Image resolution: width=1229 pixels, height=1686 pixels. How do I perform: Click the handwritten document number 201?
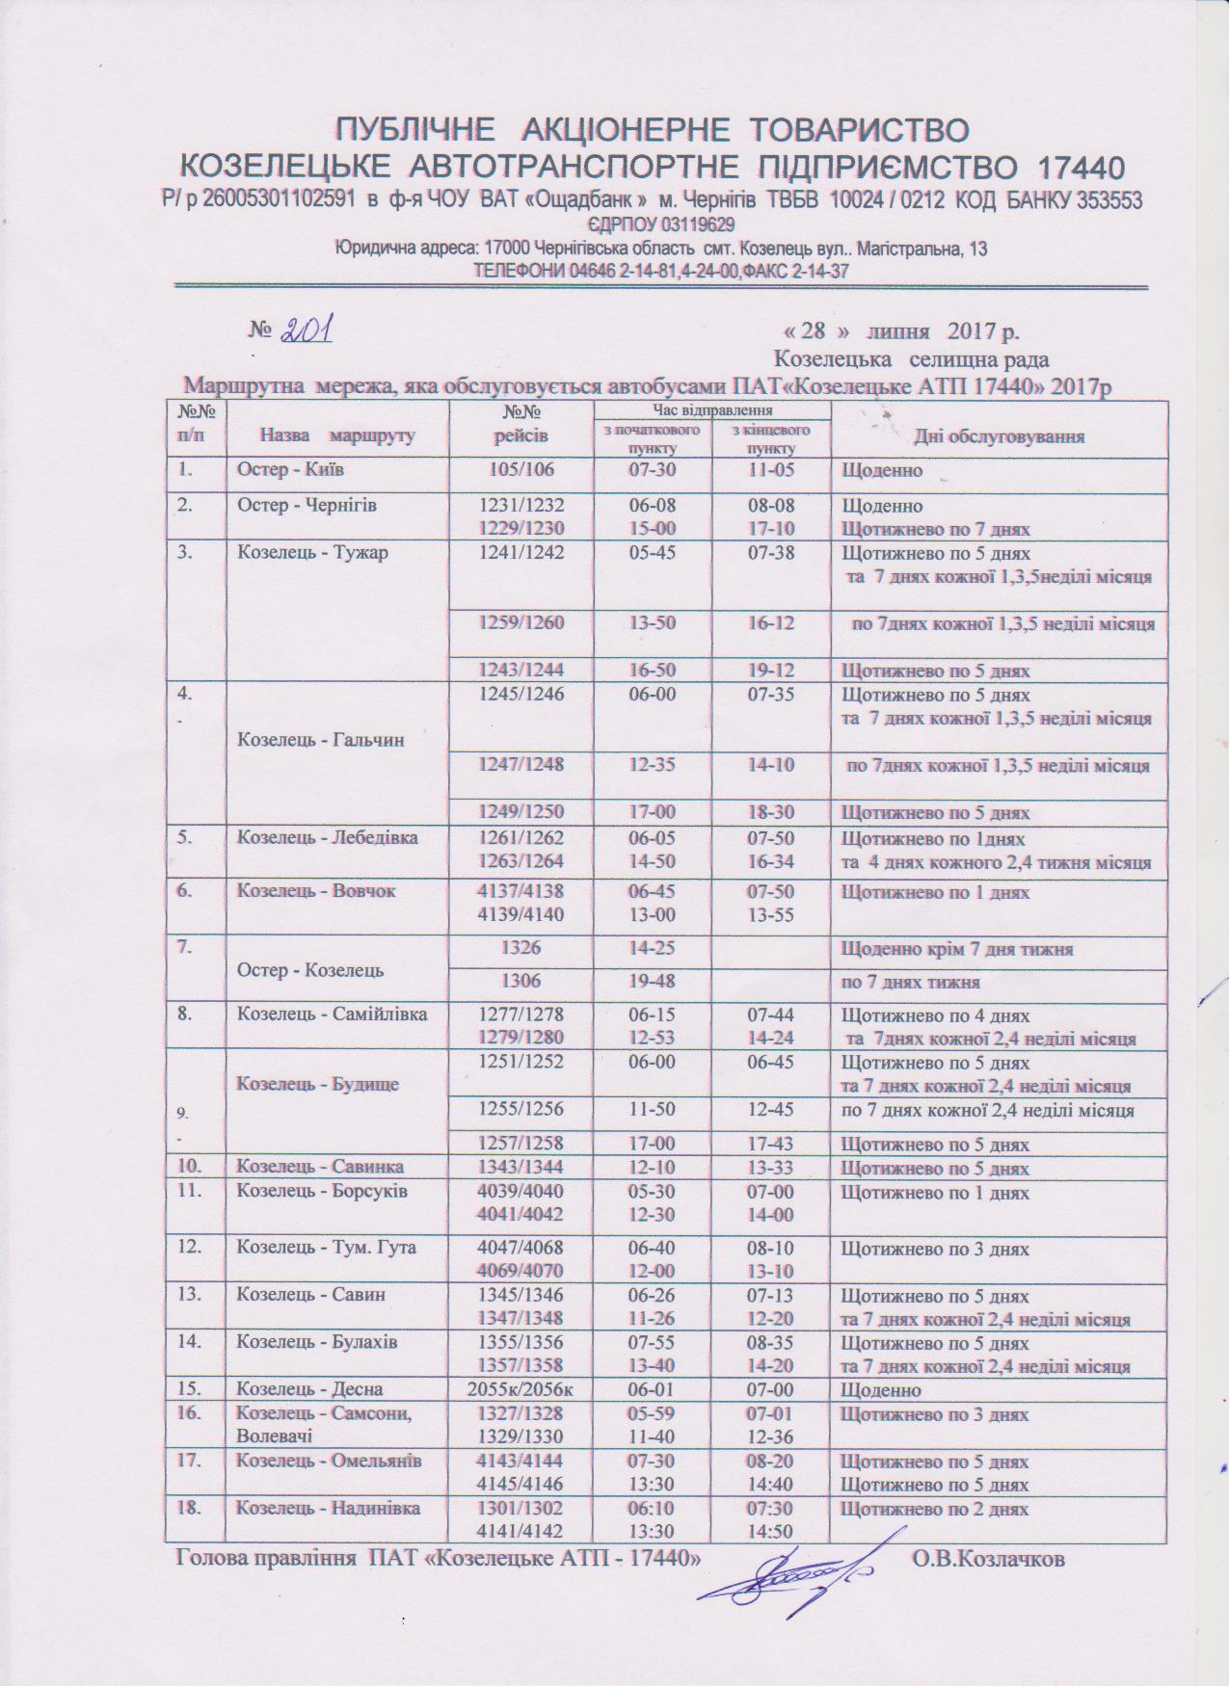coord(307,331)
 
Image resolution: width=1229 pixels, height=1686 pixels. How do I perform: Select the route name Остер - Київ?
coord(290,470)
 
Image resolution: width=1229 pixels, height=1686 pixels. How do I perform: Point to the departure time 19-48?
coord(652,982)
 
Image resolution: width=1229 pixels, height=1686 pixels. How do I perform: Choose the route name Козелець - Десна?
coord(309,1389)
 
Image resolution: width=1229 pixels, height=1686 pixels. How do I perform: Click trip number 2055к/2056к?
coord(521,1389)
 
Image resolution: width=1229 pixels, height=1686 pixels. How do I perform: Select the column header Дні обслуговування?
coord(999,436)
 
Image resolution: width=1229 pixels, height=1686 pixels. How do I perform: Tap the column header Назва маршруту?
coord(337,435)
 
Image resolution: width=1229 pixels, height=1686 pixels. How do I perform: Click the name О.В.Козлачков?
coord(988,1558)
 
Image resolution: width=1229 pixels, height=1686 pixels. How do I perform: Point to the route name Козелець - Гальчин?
coord(307,740)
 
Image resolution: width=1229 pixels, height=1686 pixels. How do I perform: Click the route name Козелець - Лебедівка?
coord(328,837)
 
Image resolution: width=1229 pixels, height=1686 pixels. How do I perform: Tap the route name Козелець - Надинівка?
coord(328,1507)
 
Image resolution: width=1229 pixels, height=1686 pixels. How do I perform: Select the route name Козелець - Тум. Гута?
coord(326,1248)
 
